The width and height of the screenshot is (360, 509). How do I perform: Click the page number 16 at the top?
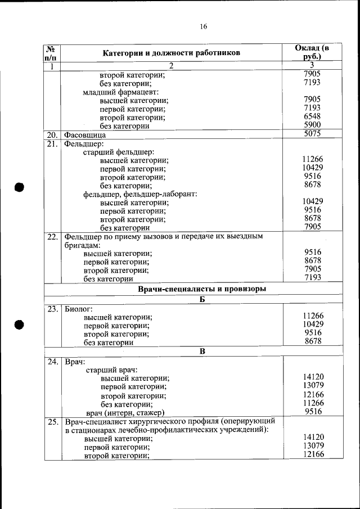[203, 26]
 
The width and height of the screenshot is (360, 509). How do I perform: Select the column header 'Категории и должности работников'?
[172, 53]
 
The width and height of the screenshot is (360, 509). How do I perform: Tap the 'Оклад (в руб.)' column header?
[312, 52]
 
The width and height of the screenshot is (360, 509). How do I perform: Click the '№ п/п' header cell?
[52, 53]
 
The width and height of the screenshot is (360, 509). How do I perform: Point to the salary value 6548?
[312, 116]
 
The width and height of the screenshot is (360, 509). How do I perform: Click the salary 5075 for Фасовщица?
[312, 134]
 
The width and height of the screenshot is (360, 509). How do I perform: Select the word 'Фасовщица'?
[85, 135]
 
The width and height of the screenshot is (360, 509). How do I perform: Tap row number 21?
[52, 143]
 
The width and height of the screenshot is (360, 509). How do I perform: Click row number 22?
[52, 237]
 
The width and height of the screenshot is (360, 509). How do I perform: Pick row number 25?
[52, 421]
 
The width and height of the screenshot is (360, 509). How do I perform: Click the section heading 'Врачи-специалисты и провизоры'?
[201, 289]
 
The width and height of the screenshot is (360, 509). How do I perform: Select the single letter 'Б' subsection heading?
[201, 300]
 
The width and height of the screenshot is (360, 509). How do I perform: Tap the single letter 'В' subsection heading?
[201, 352]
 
